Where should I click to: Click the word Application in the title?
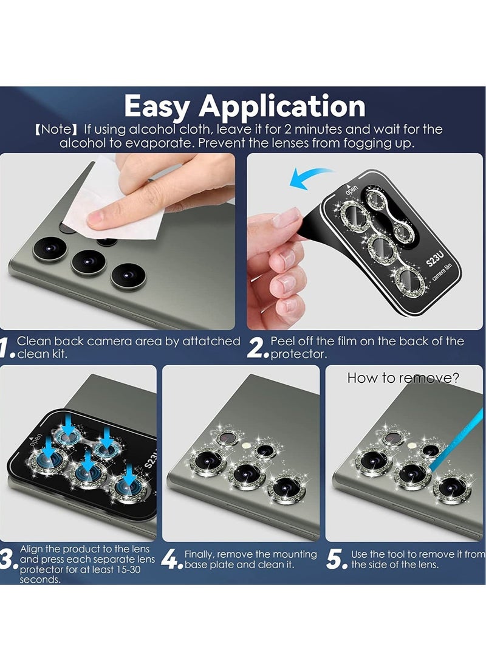click(282, 106)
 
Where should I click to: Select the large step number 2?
click(256, 348)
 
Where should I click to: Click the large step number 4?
click(169, 560)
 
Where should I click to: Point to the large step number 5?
click(335, 560)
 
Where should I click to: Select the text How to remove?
click(403, 377)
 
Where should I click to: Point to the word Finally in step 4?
click(199, 554)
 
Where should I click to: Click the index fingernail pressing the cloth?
click(95, 219)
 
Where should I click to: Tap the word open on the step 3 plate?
click(35, 440)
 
